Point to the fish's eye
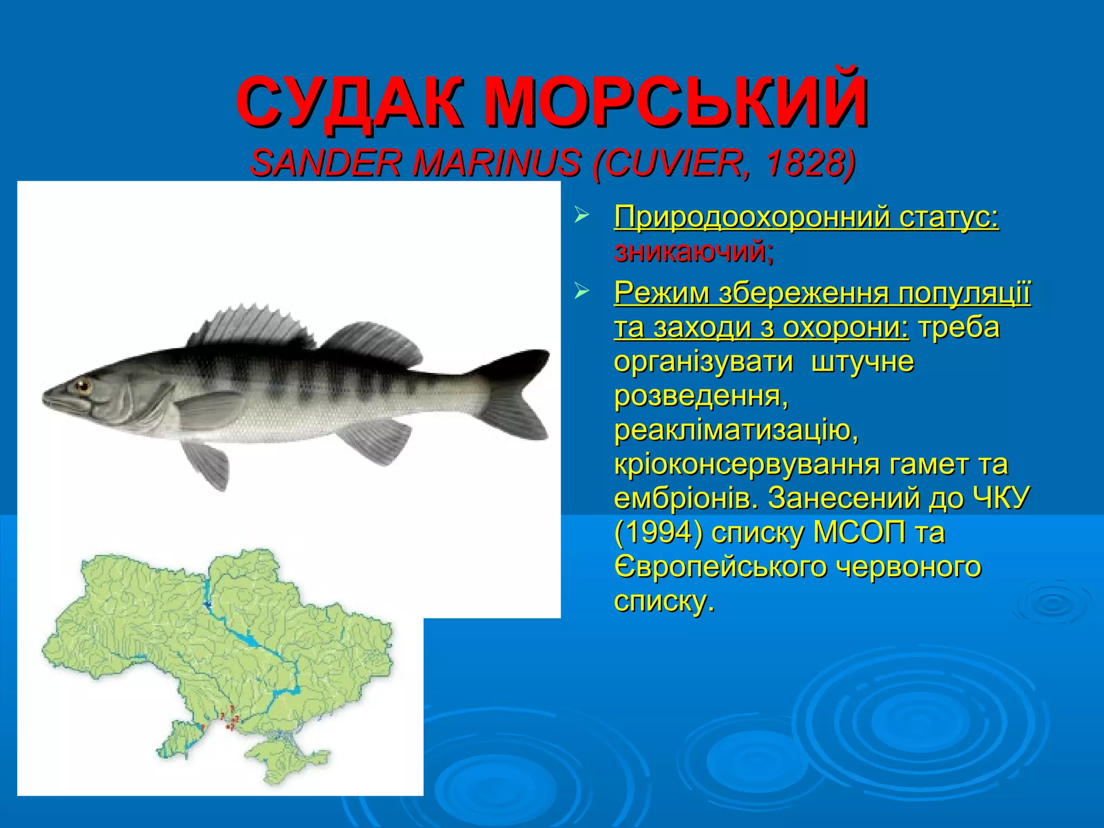82,385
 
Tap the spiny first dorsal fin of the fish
253,326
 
